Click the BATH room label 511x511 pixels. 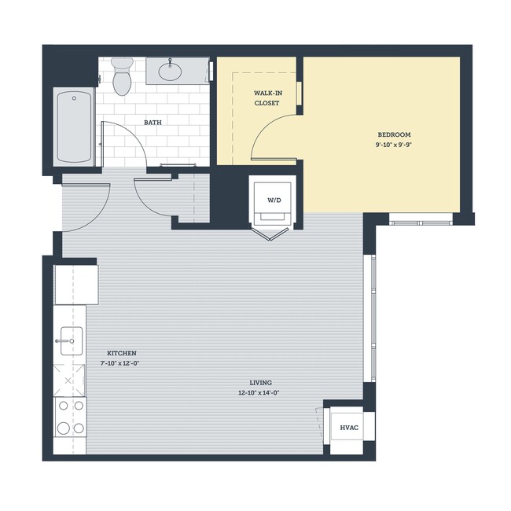coord(153,123)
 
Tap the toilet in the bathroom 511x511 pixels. coord(122,75)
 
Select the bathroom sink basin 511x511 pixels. coord(171,72)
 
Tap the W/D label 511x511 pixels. coord(274,200)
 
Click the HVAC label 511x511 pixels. coord(349,428)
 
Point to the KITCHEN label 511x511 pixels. coord(121,353)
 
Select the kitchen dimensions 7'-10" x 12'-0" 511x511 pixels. coord(121,363)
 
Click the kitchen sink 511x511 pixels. coord(69,340)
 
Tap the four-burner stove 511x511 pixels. coord(69,417)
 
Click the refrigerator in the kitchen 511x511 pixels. coord(75,285)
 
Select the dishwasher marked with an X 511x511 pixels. coord(69,380)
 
